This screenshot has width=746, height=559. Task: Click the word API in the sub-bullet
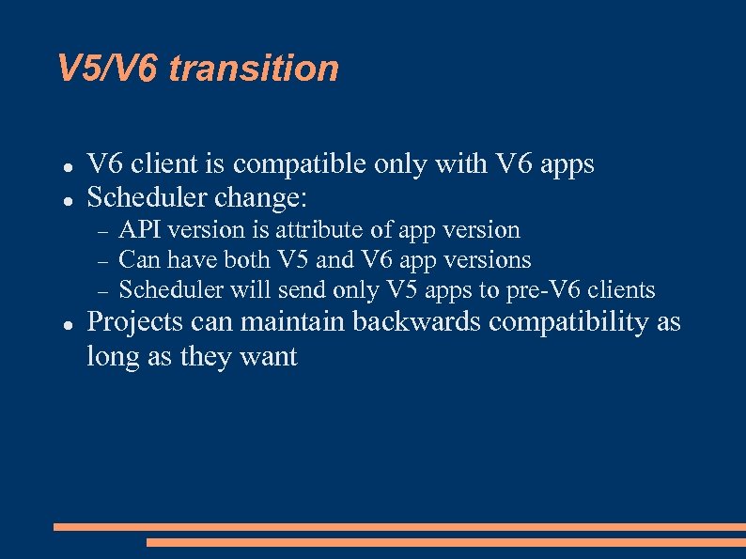pyautogui.click(x=139, y=230)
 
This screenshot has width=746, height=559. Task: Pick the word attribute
pyautogui.click(x=318, y=230)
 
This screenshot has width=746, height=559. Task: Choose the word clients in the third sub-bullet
pyautogui.click(x=621, y=290)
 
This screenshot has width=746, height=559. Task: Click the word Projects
pyautogui.click(x=134, y=322)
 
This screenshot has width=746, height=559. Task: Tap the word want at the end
pyautogui.click(x=269, y=357)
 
